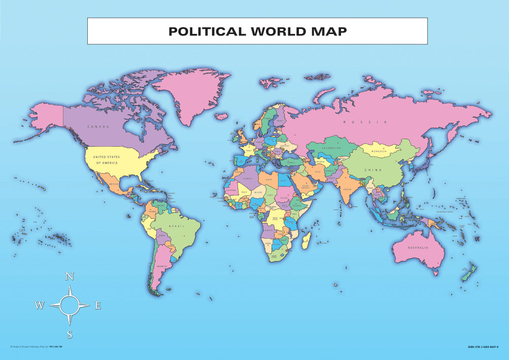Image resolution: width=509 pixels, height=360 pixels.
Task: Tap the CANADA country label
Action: tap(98, 126)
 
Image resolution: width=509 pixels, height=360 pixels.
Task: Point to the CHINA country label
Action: tap(372, 170)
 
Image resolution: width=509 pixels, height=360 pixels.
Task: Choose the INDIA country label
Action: tap(347, 189)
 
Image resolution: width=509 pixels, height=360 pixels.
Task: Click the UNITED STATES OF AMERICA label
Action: tap(107, 160)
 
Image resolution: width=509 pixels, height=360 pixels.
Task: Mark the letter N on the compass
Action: tap(70, 277)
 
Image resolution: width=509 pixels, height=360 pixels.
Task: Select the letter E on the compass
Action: tap(98, 305)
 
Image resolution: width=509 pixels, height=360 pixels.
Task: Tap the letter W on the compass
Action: tap(39, 305)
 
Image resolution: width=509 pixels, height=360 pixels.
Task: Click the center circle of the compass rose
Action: tap(70, 305)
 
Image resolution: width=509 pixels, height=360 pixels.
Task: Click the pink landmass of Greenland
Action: tap(190, 91)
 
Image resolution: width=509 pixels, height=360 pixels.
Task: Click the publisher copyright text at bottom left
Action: tap(36, 347)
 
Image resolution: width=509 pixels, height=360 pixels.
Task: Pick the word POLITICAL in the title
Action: tap(207, 31)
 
